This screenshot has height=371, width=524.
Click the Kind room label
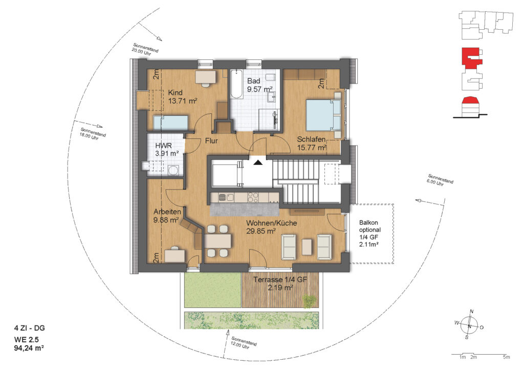[x=182, y=96]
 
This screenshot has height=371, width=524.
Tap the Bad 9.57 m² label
[x=259, y=85]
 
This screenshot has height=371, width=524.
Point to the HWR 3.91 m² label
[x=167, y=150]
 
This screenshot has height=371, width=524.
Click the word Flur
[x=211, y=141]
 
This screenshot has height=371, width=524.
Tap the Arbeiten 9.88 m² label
[x=167, y=216]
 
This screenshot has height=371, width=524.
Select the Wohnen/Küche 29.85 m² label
[x=271, y=227]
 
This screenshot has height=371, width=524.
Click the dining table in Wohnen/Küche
[x=217, y=240]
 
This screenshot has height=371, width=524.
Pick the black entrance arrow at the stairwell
[x=258, y=162]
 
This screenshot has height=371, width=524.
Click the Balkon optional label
[x=369, y=226]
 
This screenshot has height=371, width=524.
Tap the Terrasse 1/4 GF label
[x=280, y=279]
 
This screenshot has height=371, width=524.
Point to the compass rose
[x=469, y=325]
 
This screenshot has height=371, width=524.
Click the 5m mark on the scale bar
[x=506, y=357]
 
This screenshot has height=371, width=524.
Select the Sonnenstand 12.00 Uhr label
[x=243, y=343]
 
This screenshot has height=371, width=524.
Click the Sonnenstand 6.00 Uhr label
[x=440, y=180]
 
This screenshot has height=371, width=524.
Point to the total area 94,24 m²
[x=29, y=348]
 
